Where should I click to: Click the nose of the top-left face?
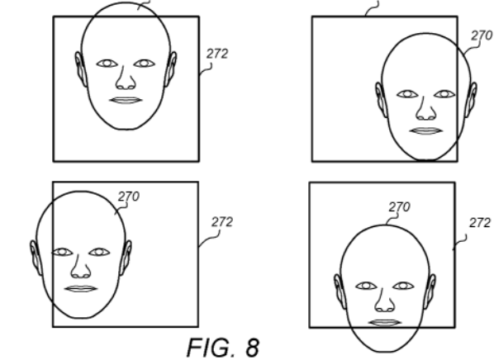coord(126,78)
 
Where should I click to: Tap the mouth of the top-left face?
coord(126,101)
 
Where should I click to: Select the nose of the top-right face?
coord(426,109)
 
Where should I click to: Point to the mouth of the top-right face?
coord(426,131)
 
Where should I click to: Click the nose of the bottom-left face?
coord(81,267)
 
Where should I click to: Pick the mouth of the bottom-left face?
coord(81,289)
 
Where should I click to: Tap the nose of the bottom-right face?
coord(385,301)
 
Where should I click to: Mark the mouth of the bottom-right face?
coord(385,323)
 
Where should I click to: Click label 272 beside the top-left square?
coord(217,54)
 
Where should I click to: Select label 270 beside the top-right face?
coord(482,36)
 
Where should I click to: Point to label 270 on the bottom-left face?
coord(129,197)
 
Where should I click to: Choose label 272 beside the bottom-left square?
coord(222,222)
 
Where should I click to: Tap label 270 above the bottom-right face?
coord(399,207)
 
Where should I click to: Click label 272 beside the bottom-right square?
coord(480,223)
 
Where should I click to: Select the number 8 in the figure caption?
coord(252,348)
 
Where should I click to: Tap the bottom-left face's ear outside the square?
coord(36,258)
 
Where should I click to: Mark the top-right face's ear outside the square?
coord(472,100)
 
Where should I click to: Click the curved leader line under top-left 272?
coord(206,69)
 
